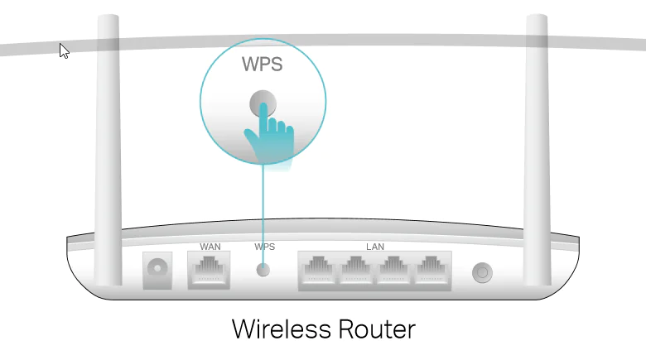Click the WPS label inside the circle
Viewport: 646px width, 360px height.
coord(262,64)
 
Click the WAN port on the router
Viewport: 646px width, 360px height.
coord(210,270)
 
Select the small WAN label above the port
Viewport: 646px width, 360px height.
coord(210,247)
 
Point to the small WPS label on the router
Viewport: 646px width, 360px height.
coord(264,247)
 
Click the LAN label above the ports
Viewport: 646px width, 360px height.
coord(375,247)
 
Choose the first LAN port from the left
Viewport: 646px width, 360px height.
coord(318,270)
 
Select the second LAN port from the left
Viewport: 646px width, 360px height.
coord(355,270)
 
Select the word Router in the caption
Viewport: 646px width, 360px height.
coord(370,329)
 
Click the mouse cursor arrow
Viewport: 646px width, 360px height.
coord(64,50)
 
